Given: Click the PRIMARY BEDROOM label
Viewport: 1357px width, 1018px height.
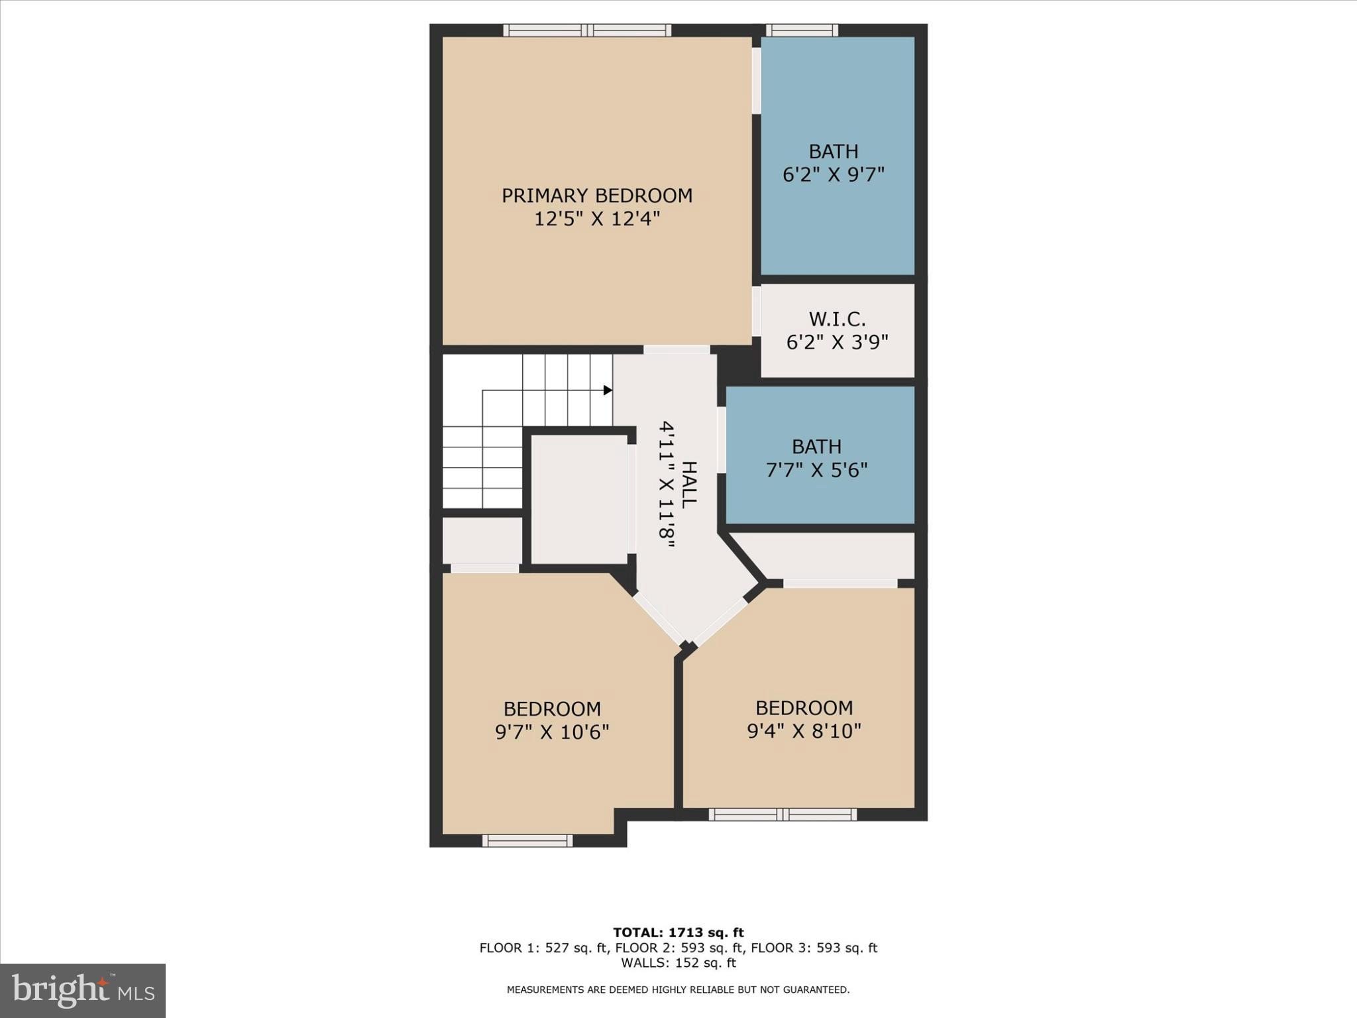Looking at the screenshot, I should pos(596,196).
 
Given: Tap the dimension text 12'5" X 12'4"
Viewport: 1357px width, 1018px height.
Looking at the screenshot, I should pos(596,219).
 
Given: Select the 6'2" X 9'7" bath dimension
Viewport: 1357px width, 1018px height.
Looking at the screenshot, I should pos(834,175).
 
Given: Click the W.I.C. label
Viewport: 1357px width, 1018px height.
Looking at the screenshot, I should pos(837,319).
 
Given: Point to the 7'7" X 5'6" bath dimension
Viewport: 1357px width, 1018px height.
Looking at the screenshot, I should pos(816,470).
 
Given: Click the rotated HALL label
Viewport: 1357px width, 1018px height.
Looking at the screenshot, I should pos(689,484).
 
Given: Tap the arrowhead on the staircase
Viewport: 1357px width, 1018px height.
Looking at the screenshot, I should pos(608,390).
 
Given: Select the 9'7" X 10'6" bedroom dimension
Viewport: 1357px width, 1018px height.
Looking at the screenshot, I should pos(552,732).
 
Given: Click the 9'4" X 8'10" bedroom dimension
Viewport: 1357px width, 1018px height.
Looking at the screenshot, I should pos(804,731).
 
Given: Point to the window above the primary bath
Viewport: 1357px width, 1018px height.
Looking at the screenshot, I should pos(802,30).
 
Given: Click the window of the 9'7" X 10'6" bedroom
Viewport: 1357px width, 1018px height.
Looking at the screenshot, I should pos(527,840).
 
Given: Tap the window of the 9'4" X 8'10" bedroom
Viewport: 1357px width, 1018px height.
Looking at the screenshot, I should pos(783,815).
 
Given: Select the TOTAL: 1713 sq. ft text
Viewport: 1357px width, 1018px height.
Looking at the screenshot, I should pos(678,933).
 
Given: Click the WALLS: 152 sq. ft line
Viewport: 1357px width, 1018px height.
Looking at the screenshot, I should pos(678,963).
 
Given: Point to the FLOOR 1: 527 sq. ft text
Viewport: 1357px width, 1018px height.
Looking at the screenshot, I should pos(543,948).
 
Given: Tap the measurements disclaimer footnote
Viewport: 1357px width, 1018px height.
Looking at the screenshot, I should pos(678,990).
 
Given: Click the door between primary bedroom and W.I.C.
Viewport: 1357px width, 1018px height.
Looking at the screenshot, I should pos(756,311).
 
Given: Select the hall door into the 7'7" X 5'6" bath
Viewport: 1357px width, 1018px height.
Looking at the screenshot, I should pos(722,440).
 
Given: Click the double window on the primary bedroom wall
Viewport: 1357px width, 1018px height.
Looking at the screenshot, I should pos(587,30).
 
